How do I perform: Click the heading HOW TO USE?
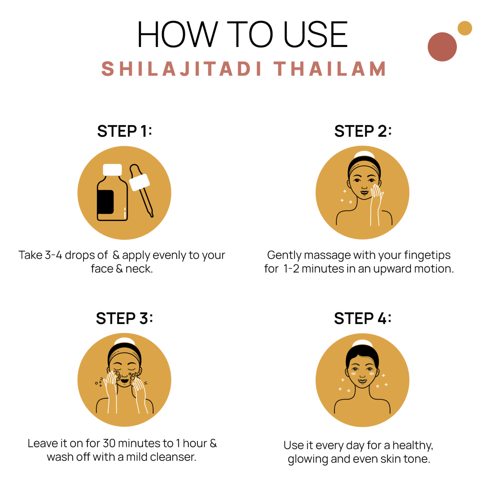point(243,34)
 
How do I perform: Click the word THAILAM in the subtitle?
point(330,69)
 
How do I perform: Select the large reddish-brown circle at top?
point(442,47)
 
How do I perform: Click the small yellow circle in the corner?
point(465,28)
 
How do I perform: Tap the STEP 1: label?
point(125,131)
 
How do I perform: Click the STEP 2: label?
point(363,131)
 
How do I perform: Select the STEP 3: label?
point(125,318)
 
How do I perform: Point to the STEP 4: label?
point(363,318)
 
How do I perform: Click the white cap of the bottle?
point(112,170)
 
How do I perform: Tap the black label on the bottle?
point(106,202)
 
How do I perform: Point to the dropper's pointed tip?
point(152,215)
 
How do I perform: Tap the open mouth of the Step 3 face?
point(124,381)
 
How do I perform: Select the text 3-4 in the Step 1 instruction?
point(53,255)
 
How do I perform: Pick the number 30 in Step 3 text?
point(109,443)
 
